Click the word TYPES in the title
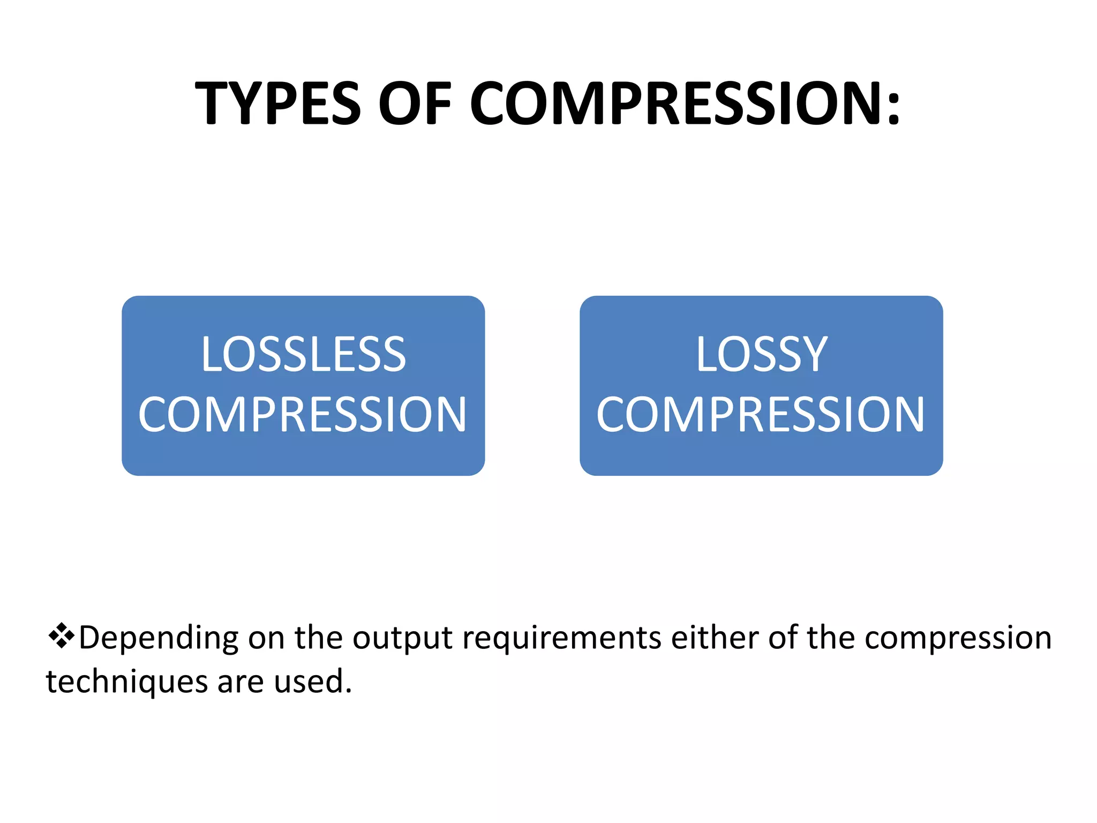click(278, 103)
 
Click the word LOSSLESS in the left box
click(304, 354)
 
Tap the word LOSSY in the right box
click(762, 354)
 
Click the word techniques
click(127, 682)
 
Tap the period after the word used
click(349, 691)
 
